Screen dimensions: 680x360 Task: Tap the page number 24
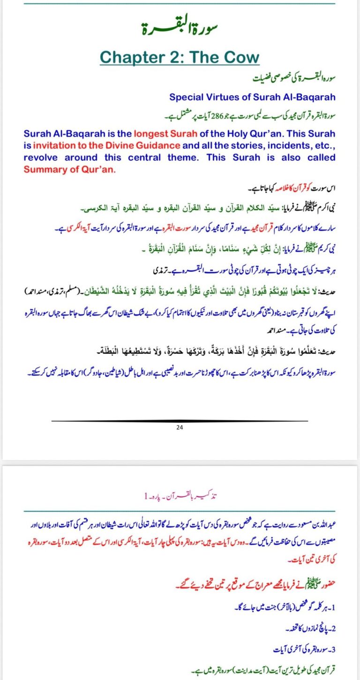click(x=180, y=427)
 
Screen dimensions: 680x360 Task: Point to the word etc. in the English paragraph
click(x=324, y=145)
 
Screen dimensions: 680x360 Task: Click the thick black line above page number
click(x=180, y=421)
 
